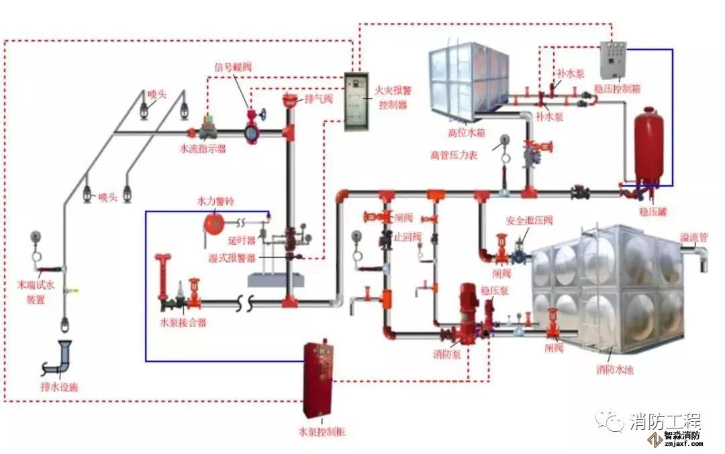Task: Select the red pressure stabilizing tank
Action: click(x=648, y=147)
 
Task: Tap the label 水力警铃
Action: click(x=215, y=201)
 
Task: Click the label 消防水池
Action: click(x=615, y=369)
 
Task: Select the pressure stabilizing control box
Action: click(x=613, y=61)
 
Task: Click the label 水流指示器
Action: click(x=202, y=149)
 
